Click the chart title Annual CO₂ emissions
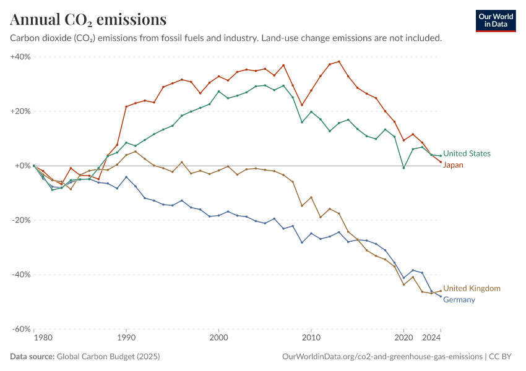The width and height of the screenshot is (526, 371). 88,20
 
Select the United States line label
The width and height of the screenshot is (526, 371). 467,153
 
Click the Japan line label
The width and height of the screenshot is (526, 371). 453,165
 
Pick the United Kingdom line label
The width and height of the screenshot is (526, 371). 472,288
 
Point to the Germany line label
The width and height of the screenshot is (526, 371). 459,300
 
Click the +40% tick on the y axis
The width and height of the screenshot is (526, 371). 20,57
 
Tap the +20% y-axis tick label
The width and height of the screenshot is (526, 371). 20,111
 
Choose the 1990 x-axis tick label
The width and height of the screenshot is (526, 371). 126,338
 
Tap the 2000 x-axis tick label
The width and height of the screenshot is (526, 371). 218,338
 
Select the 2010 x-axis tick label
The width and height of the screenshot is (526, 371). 311,338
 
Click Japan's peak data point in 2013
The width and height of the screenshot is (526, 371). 338,61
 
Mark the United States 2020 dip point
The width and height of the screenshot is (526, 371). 403,168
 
